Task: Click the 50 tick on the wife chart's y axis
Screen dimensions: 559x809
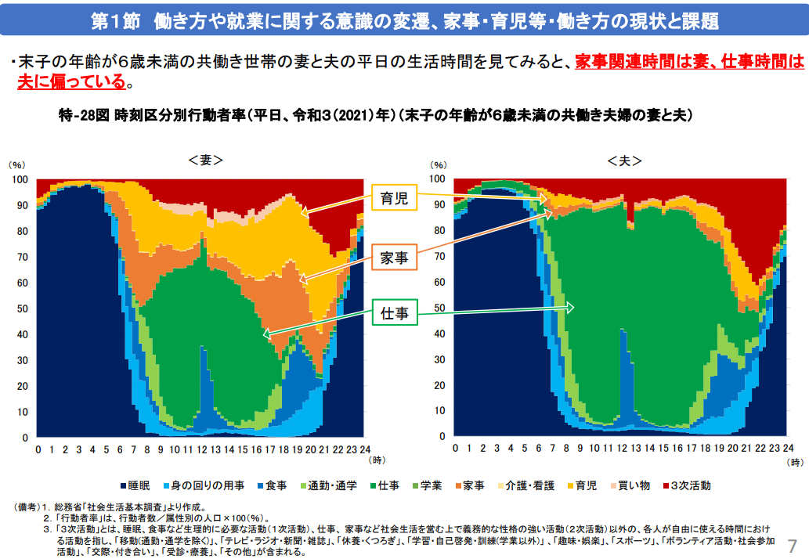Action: pos(22,308)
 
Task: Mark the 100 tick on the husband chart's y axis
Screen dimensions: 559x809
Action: pos(439,179)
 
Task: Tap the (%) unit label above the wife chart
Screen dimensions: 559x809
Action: pos(17,165)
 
